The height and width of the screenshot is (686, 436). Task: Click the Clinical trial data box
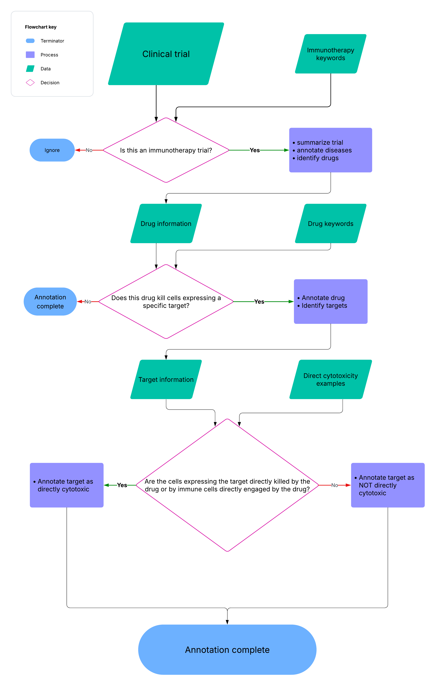pyautogui.click(x=166, y=54)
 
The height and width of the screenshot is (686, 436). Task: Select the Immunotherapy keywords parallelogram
pyautogui.click(x=330, y=54)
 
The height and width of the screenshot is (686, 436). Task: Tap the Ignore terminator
pyautogui.click(x=52, y=150)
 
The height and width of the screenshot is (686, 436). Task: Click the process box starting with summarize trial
pyautogui.click(x=330, y=150)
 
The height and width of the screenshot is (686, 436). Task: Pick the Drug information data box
pyautogui.click(x=166, y=224)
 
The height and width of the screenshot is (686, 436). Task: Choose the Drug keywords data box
pyautogui.click(x=330, y=224)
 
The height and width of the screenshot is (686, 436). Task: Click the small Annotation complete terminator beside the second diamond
pyautogui.click(x=50, y=301)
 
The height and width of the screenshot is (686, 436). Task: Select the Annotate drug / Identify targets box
pyautogui.click(x=330, y=301)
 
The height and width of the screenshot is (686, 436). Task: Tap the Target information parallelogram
pyautogui.click(x=166, y=380)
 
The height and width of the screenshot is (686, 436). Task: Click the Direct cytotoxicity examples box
pyautogui.click(x=330, y=380)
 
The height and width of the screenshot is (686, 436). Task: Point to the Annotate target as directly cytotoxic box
pyautogui.click(x=67, y=485)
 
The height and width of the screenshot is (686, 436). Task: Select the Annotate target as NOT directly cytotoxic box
pyautogui.click(x=388, y=485)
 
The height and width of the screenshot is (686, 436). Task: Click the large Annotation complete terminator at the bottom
pyautogui.click(x=227, y=650)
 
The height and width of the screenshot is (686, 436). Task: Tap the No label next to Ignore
pyautogui.click(x=89, y=150)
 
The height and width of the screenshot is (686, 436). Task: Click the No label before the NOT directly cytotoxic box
pyautogui.click(x=334, y=485)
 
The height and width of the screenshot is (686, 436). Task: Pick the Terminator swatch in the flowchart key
pyautogui.click(x=30, y=41)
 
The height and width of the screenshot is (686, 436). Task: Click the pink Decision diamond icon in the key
pyautogui.click(x=30, y=83)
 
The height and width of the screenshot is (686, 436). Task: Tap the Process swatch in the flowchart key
pyautogui.click(x=30, y=55)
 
